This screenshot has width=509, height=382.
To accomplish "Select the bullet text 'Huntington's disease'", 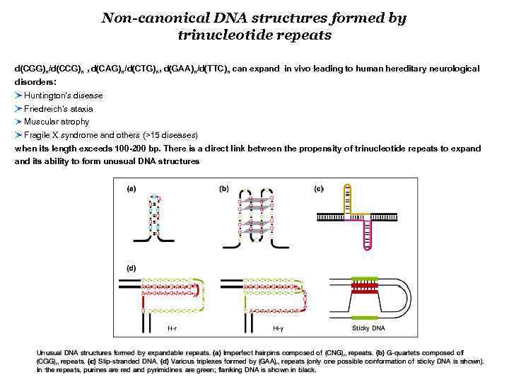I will (x=64, y=95).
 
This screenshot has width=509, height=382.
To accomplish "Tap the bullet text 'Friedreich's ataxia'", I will (x=59, y=109).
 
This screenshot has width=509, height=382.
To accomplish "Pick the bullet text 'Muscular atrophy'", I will (x=57, y=122).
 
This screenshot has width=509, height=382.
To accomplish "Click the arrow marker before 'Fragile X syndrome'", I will (x=18, y=134).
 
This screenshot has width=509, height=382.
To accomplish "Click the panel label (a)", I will (x=131, y=189).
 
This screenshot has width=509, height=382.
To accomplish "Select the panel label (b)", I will (x=224, y=189).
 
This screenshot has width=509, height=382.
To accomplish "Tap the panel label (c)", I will (x=319, y=189).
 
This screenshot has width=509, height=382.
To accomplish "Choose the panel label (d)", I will (x=131, y=269).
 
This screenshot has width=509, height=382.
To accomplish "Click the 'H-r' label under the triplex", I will (x=172, y=329).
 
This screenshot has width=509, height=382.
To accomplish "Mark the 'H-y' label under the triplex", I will (x=278, y=329).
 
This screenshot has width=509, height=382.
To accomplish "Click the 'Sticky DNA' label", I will (x=368, y=329).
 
